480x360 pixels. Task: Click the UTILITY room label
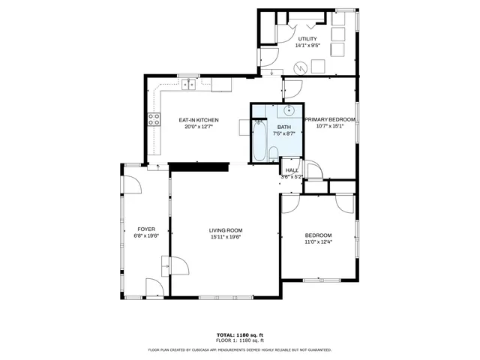click(x=307, y=39)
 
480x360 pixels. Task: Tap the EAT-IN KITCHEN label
click(x=198, y=120)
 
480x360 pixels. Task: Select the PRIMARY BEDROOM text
click(x=330, y=119)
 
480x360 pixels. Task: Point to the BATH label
click(x=284, y=127)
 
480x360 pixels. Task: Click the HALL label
click(x=292, y=170)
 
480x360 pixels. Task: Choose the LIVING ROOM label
click(x=225, y=230)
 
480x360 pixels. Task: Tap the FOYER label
click(x=145, y=229)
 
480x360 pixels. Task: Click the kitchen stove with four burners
click(x=154, y=120)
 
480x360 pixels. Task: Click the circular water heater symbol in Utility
click(x=299, y=67)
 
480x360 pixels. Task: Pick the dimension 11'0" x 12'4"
click(x=318, y=241)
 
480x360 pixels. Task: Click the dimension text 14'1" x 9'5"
click(x=307, y=46)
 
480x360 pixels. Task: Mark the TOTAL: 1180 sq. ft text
click(x=239, y=334)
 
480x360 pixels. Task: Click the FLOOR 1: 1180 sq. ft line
click(x=239, y=340)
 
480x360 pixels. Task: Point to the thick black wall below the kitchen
click(x=198, y=166)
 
